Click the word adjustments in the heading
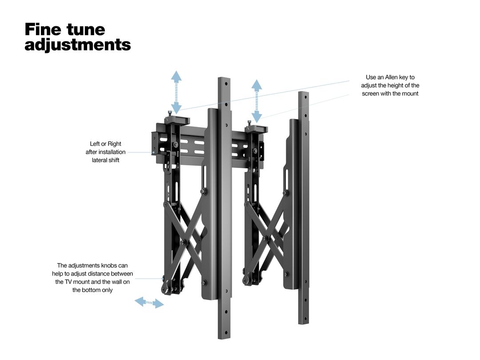point(78,45)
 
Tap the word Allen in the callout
point(392,77)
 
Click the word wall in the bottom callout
point(116,282)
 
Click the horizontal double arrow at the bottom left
point(149,303)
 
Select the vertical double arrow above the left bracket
point(176,92)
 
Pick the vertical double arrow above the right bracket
point(257,101)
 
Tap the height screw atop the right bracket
point(249,123)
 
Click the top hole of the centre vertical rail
point(226,83)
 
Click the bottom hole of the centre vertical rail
point(226,332)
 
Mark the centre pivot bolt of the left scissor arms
point(183,243)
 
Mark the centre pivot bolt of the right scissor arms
point(265,238)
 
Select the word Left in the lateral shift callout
point(95,144)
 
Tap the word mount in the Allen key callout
point(410,94)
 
